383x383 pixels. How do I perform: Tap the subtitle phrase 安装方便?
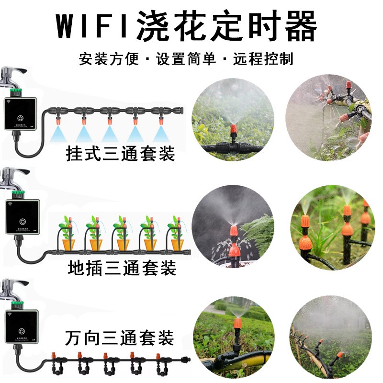pos(109,59)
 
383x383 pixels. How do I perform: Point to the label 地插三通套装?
pos(122,267)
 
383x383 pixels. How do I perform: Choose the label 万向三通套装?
pos(119,339)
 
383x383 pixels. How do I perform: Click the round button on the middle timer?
pos(22,223)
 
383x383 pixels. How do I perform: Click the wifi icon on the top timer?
pos(10,102)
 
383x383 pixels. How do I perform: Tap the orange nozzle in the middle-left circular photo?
pos(234,232)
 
